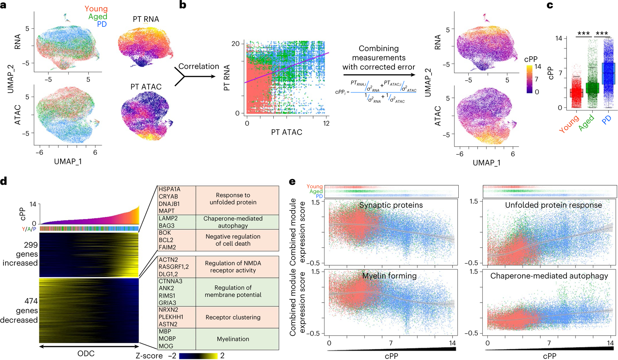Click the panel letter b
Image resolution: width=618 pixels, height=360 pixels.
tap(183, 5)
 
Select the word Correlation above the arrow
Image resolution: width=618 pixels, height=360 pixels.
tap(198, 66)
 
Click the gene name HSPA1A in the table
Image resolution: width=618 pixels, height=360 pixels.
tap(169, 189)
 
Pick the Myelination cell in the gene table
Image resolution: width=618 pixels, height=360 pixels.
tap(233, 339)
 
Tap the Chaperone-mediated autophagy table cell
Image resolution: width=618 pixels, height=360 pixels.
tap(233, 222)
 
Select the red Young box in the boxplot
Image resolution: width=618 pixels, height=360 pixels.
tap(576, 93)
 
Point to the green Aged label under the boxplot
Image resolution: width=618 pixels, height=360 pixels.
tap(586, 123)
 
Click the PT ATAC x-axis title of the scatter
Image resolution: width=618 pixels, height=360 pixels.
tap(286, 132)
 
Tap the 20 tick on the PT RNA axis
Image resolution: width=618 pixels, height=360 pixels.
tap(235, 44)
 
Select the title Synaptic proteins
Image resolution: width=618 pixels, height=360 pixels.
tap(391, 205)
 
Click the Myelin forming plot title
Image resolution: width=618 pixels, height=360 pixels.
tap(389, 276)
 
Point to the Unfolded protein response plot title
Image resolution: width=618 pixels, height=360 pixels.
tap(553, 205)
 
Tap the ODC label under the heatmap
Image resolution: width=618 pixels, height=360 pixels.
tap(86, 353)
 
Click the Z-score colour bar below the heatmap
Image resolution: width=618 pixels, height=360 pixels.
tap(198, 356)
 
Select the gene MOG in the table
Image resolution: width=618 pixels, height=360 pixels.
tap(166, 346)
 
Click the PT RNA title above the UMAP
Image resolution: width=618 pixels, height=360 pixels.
tap(146, 19)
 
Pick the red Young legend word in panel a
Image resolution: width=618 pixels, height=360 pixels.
tap(96, 9)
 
